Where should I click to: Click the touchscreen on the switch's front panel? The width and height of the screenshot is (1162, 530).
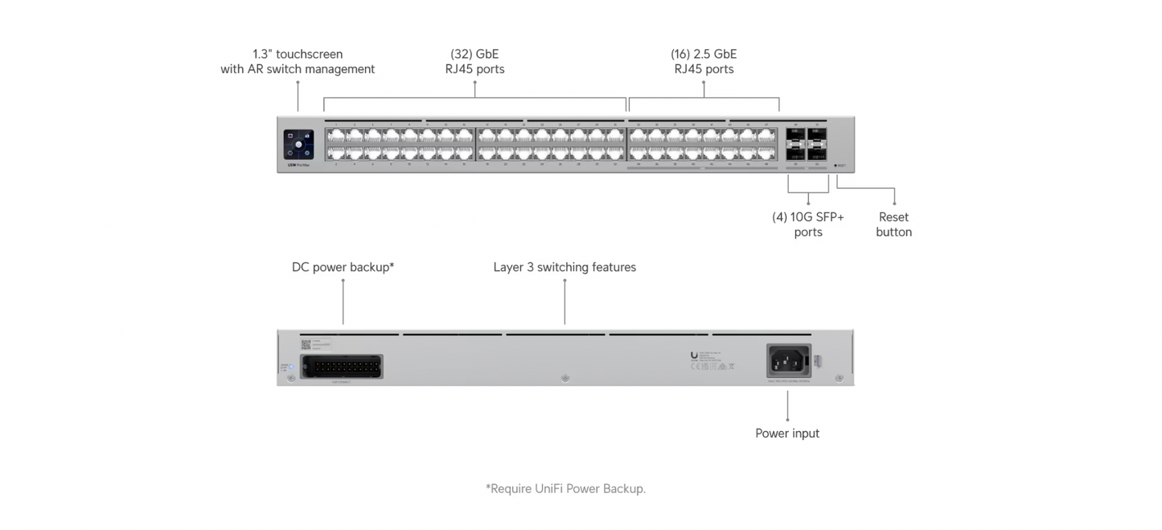point(298,144)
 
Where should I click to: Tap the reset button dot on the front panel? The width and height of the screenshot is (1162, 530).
point(836,166)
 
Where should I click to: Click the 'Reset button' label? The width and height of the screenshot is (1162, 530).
point(893,224)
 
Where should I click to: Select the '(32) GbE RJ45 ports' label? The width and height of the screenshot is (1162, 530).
point(474,62)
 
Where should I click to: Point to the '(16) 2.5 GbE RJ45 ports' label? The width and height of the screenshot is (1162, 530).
point(704,62)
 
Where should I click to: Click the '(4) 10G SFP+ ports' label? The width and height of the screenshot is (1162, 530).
point(808,224)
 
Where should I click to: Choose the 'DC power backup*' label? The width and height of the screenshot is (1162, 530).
point(343,267)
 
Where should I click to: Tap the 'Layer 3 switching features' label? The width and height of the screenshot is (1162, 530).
point(565,267)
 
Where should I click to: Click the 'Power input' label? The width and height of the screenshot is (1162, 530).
point(787,433)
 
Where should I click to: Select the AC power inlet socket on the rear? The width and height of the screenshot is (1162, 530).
point(788,360)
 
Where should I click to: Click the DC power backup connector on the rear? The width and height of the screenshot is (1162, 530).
point(341,367)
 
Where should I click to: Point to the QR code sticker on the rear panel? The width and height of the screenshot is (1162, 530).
point(306,344)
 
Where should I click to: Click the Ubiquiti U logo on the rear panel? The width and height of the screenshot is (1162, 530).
point(694,354)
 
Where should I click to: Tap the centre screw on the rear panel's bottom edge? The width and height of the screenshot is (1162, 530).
point(565,378)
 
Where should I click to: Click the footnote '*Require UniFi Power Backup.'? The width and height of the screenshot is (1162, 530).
point(565,488)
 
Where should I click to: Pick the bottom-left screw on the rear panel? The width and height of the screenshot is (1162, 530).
point(290,377)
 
